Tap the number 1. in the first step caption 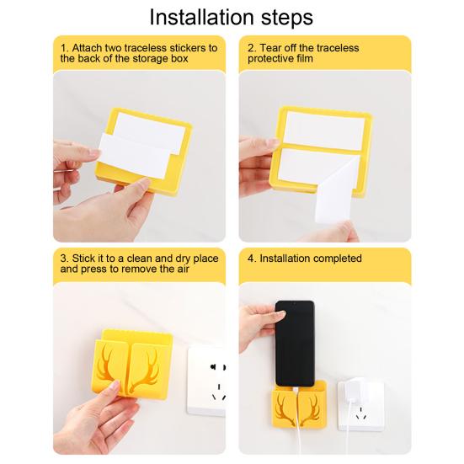pyautogui.click(x=64, y=48)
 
